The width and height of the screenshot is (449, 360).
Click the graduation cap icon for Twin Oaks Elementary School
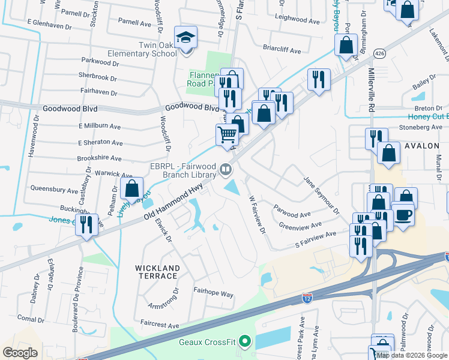coord(186,38)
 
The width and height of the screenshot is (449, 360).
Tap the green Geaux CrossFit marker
coord(244,343)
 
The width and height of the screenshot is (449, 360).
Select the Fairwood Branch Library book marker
coord(226,170)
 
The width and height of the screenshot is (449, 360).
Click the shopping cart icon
coord(227,135)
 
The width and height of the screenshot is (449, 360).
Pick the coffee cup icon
coord(403,214)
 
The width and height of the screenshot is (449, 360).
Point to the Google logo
coord(20,353)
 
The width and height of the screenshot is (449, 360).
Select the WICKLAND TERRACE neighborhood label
coord(156,272)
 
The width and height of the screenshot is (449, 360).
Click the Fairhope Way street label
coord(212,294)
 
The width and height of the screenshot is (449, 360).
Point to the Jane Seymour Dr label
coord(321,194)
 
